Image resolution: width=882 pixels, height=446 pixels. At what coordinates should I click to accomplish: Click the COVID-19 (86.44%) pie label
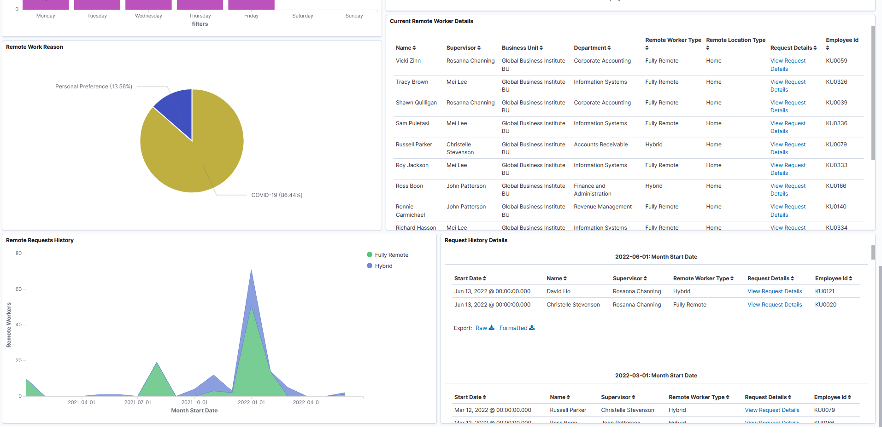(276, 195)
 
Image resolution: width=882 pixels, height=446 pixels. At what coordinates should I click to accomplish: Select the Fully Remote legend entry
(391, 255)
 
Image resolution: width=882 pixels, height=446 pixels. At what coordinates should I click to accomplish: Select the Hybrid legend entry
(383, 266)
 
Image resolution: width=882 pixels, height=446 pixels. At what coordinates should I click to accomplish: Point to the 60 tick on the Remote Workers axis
(18, 289)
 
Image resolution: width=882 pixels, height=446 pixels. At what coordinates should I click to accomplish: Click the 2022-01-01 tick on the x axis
(251, 402)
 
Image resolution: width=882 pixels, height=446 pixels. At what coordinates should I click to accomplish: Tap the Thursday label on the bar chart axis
(200, 16)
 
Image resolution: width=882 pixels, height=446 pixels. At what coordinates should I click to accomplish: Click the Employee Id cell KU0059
(836, 61)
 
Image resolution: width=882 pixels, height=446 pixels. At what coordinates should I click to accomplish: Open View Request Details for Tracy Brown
(788, 86)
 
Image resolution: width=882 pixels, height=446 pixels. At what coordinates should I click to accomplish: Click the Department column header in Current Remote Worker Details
(592, 48)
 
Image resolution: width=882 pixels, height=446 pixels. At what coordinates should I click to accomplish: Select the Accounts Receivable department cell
(600, 145)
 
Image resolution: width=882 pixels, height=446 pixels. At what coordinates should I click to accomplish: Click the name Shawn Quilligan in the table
(416, 103)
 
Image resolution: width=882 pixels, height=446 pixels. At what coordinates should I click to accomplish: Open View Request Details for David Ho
(774, 291)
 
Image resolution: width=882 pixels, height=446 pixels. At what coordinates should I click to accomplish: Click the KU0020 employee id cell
(825, 305)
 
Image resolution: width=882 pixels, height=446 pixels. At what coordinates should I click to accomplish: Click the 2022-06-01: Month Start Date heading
(655, 257)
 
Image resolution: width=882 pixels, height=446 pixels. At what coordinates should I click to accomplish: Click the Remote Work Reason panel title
(35, 47)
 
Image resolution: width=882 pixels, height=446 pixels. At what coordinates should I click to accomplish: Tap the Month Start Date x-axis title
(194, 411)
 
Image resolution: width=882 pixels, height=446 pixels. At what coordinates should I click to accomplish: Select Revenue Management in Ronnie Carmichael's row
(602, 207)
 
